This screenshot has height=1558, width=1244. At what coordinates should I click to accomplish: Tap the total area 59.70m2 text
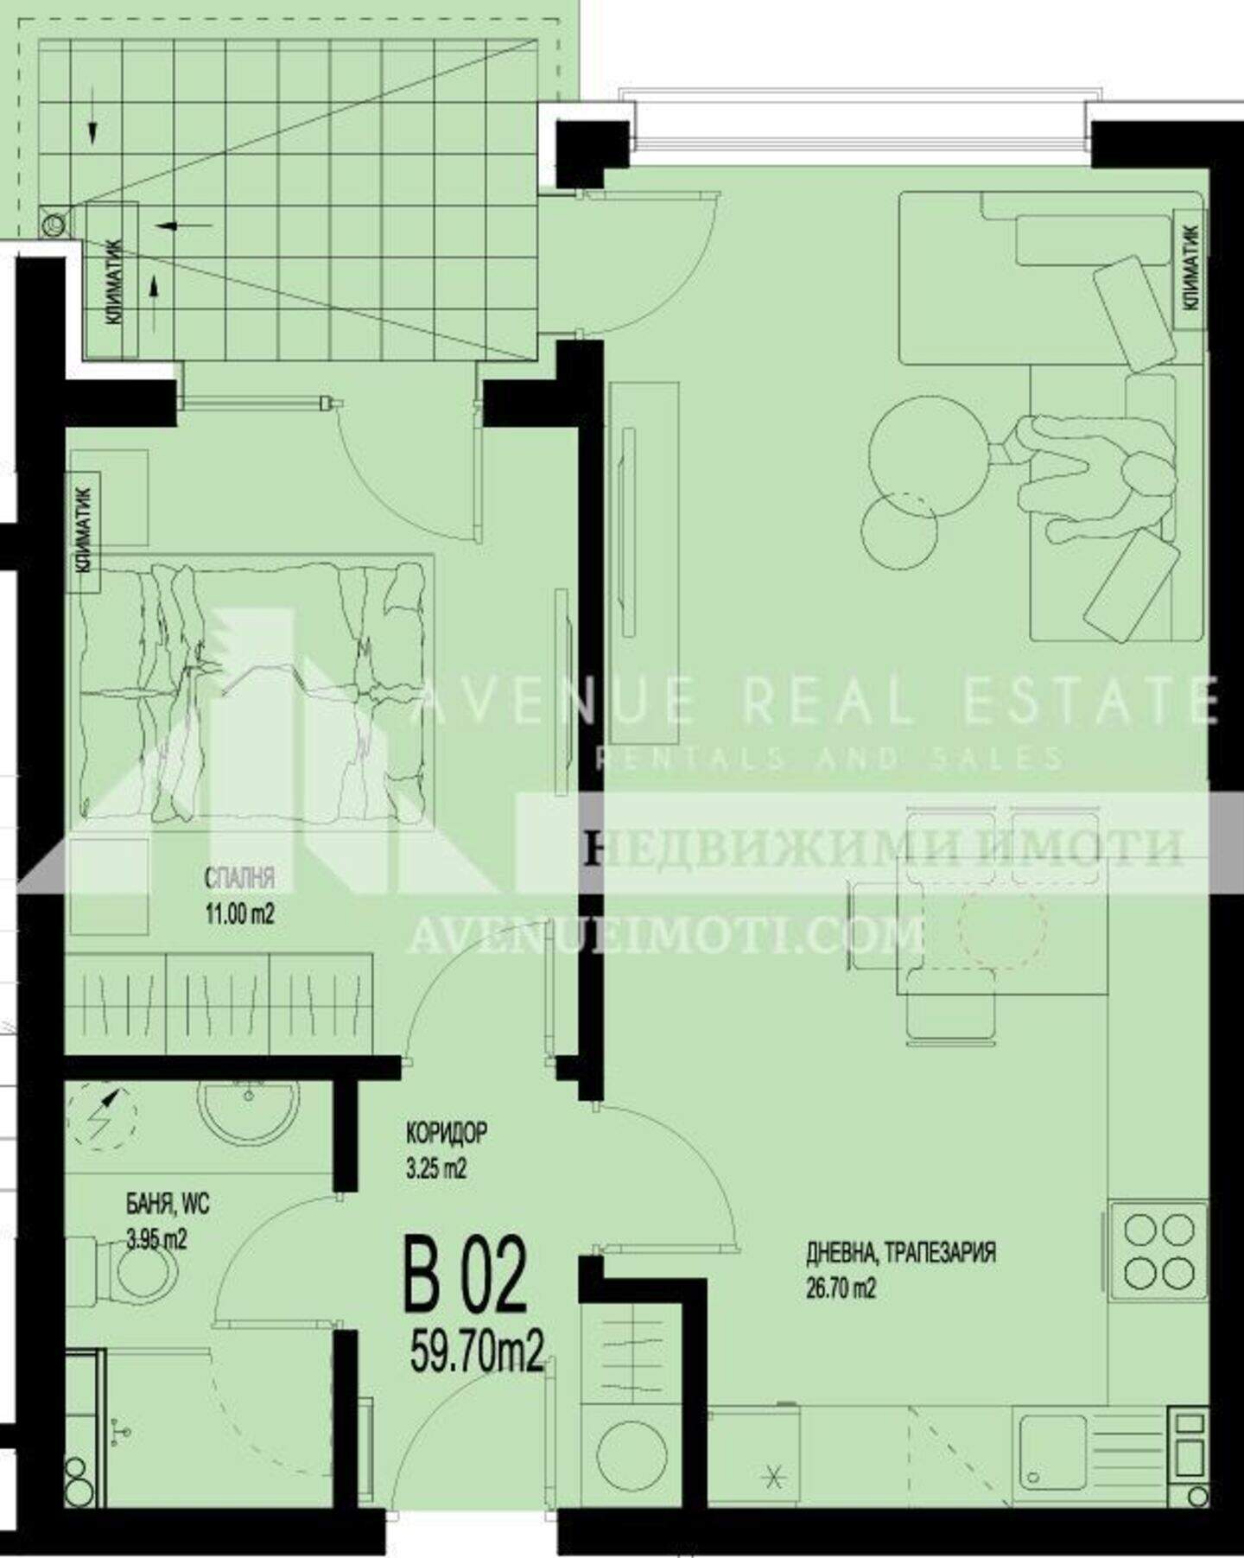click(x=477, y=1351)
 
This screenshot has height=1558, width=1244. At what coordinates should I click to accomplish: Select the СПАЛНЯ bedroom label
click(x=240, y=879)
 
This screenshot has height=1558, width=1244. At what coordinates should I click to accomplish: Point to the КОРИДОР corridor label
click(x=447, y=1131)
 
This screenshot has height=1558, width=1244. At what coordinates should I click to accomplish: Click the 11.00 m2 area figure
click(x=240, y=914)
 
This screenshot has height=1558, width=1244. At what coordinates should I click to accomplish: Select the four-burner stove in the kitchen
click(x=1158, y=1250)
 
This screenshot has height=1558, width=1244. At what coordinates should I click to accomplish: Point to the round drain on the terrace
click(x=53, y=225)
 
